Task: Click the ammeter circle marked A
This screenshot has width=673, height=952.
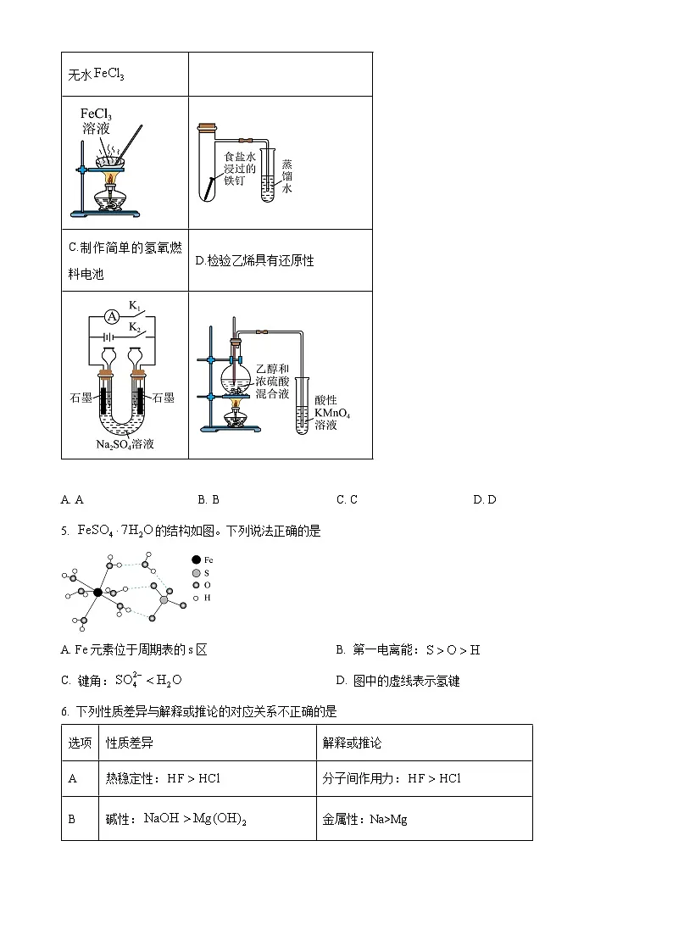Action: tap(109, 315)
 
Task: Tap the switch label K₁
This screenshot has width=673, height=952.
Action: tap(134, 304)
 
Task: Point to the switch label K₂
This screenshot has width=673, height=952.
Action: tap(134, 326)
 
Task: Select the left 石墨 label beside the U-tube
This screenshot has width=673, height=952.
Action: tap(81, 397)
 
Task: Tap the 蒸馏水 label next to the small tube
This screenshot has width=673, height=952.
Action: tap(287, 177)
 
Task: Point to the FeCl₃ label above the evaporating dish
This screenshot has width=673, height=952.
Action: tap(96, 114)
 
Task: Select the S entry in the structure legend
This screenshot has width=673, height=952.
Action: tap(206, 573)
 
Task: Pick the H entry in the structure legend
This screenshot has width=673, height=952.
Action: tap(207, 598)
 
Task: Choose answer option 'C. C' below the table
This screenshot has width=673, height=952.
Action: tap(347, 499)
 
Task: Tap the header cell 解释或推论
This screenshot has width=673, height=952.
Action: tap(352, 743)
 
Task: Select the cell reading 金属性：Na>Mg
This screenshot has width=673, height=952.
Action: tap(364, 820)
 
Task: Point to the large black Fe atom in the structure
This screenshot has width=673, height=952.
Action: tap(98, 593)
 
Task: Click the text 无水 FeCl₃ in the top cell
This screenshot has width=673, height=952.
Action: tap(96, 75)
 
